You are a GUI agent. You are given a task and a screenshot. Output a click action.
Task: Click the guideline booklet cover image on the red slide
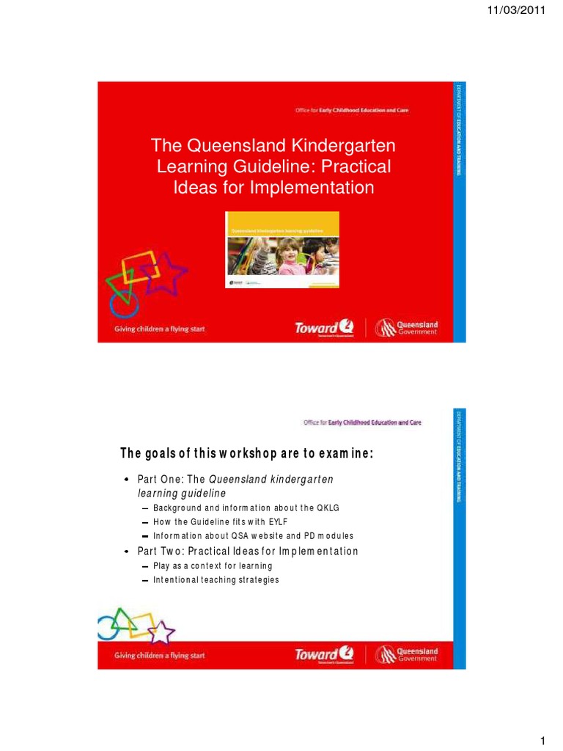point(281,249)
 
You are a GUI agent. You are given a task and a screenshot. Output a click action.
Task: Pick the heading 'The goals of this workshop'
point(246,454)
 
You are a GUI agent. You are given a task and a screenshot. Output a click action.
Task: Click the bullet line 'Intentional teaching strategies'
point(216,579)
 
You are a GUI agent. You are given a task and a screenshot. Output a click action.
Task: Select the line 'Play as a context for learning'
point(213,565)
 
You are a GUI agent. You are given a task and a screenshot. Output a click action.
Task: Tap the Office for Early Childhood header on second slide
point(362,422)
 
